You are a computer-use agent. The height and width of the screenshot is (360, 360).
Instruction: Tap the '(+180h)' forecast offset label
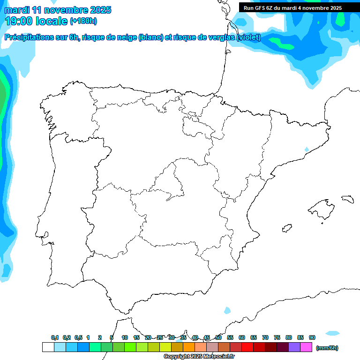click(83, 21)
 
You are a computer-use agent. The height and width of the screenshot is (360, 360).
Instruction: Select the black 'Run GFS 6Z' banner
click(292, 8)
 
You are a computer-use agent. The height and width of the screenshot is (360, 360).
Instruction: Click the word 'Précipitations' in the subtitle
click(29, 37)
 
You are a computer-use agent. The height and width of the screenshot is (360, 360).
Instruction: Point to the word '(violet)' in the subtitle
click(248, 37)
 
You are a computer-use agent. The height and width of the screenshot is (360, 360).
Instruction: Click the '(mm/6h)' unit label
click(327, 348)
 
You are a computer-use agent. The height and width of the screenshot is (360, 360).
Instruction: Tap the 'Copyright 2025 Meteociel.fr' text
click(199, 356)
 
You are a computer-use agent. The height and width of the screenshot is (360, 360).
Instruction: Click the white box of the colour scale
click(48, 347)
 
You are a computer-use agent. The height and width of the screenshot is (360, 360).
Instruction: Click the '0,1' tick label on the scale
click(55, 337)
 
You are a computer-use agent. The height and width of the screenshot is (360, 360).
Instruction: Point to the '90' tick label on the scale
click(312, 337)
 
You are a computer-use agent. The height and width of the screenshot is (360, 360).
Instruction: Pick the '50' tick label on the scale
click(218, 337)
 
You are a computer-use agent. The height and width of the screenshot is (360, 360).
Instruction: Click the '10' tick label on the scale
click(125, 337)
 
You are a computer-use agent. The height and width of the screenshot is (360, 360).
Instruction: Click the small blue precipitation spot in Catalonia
click(307, 150)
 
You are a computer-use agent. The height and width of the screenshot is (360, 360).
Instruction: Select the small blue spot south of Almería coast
click(227, 310)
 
